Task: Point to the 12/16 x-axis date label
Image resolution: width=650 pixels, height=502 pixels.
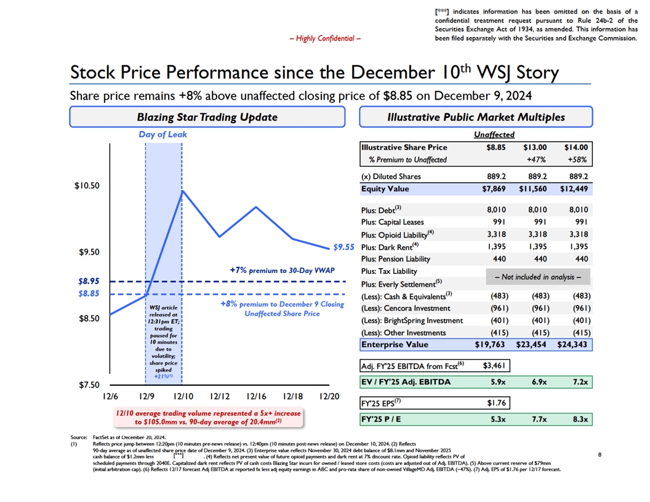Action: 255,397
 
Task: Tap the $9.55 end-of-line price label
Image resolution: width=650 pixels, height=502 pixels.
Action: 343,248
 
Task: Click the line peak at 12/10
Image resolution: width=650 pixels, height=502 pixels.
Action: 182,191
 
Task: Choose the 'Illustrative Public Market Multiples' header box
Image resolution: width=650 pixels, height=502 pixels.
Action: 477,117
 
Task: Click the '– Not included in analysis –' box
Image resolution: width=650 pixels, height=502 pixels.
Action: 538,277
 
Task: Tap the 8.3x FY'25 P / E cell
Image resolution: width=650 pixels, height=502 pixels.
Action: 577,421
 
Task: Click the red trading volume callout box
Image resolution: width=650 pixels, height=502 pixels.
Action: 207,418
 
